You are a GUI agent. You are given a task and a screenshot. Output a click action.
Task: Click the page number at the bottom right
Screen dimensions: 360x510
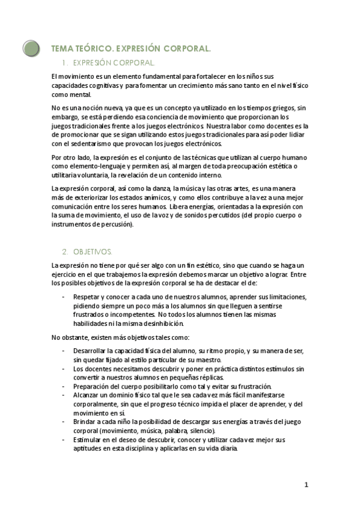307,485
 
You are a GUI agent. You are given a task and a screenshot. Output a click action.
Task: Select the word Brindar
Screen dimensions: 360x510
85,422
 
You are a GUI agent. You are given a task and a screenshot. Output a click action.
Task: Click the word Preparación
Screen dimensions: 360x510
92,386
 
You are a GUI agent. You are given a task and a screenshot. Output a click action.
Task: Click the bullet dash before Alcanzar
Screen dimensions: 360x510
64,395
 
